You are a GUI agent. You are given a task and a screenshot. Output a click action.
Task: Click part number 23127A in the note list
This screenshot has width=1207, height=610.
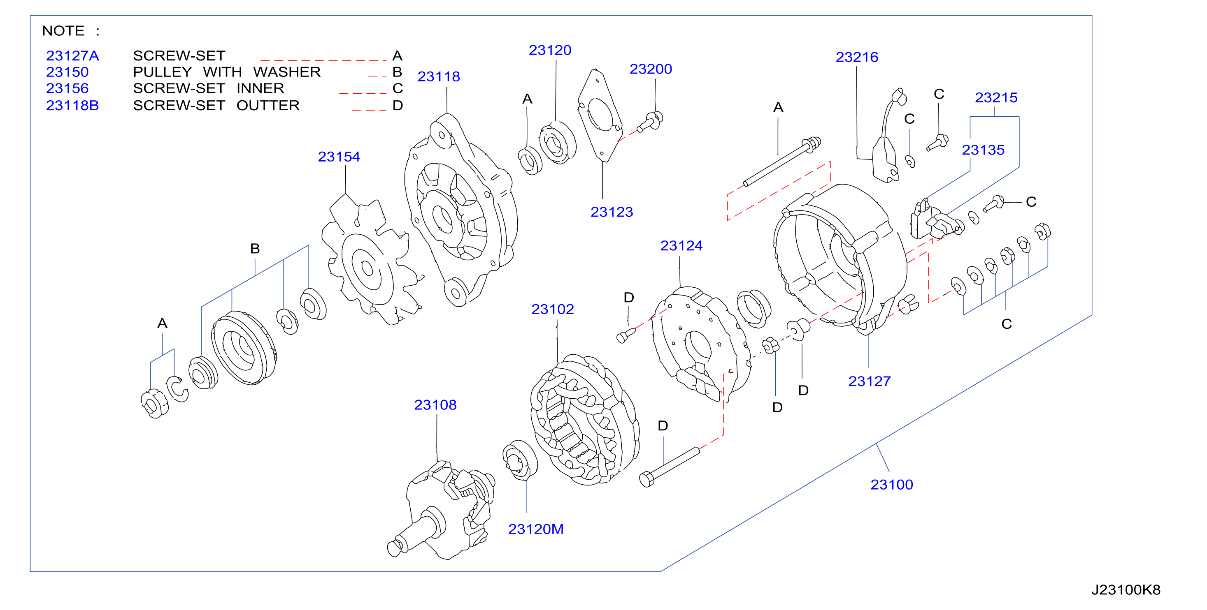(x=72, y=56)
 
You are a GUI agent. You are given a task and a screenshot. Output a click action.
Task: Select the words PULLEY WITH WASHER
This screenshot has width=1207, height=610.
(x=227, y=72)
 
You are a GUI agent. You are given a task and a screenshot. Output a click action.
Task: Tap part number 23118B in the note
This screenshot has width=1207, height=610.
(x=72, y=105)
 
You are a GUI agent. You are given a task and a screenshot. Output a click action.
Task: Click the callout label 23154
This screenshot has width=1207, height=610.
(x=339, y=156)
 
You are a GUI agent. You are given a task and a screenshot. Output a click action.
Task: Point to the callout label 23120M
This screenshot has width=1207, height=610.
(x=535, y=529)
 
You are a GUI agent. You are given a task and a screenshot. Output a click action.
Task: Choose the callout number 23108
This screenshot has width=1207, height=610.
(x=435, y=404)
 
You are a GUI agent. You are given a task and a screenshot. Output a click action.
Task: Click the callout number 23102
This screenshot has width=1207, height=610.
(x=552, y=309)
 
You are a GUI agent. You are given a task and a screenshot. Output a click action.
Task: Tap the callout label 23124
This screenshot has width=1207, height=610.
(x=681, y=245)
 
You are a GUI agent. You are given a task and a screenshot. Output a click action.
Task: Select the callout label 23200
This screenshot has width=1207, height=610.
(x=650, y=69)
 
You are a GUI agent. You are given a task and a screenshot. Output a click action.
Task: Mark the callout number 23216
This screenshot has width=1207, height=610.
(x=856, y=57)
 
